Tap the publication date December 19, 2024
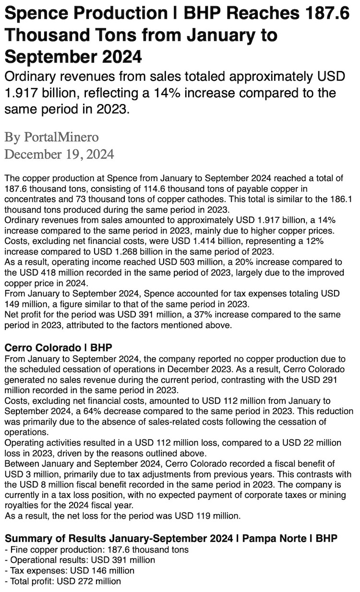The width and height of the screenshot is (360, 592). pyautogui.click(x=59, y=155)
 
